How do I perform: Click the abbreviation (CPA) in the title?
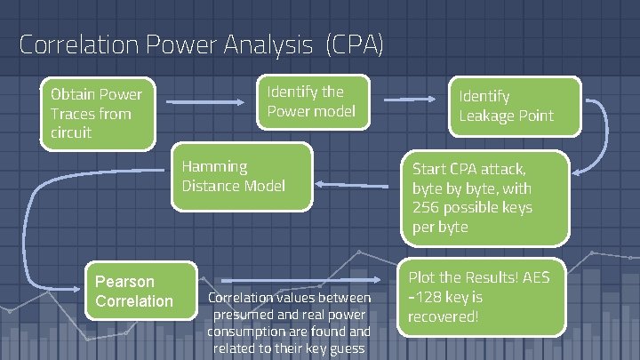click(x=355, y=44)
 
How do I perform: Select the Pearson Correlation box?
click(x=139, y=290)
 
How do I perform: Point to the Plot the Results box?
click(x=480, y=297)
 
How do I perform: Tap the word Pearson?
click(x=124, y=281)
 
